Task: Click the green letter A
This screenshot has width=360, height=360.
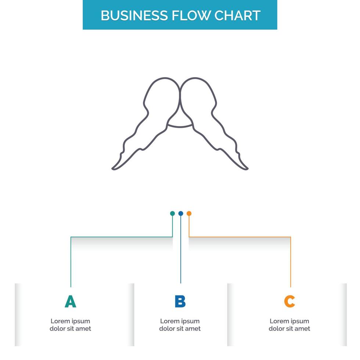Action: pyautogui.click(x=70, y=302)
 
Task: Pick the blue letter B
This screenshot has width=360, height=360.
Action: pyautogui.click(x=180, y=302)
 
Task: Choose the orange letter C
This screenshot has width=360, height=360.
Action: pyautogui.click(x=289, y=302)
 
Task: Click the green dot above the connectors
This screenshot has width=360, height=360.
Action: pyautogui.click(x=172, y=213)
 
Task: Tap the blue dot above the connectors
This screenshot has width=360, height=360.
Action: pyautogui.click(x=180, y=213)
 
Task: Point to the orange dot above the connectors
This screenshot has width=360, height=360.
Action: pyautogui.click(x=189, y=213)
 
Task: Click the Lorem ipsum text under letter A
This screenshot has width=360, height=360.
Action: pyautogui.click(x=70, y=325)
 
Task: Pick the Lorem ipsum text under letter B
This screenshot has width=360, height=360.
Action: pyautogui.click(x=180, y=325)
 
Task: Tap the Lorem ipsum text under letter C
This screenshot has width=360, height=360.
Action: pyautogui.click(x=289, y=325)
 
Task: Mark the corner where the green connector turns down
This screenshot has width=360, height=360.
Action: pyautogui.click(x=71, y=237)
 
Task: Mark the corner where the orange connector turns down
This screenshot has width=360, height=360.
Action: pyautogui.click(x=291, y=237)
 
